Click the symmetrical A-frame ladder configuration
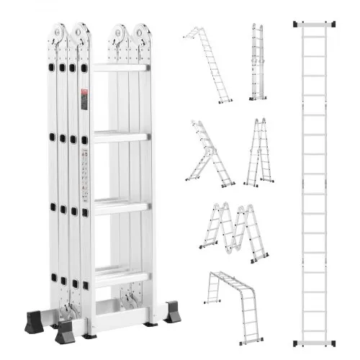pyautogui.click(x=256, y=153)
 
